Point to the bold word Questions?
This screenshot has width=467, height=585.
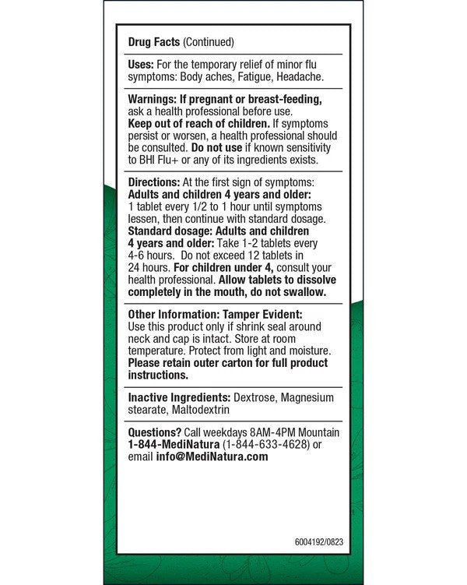156,432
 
